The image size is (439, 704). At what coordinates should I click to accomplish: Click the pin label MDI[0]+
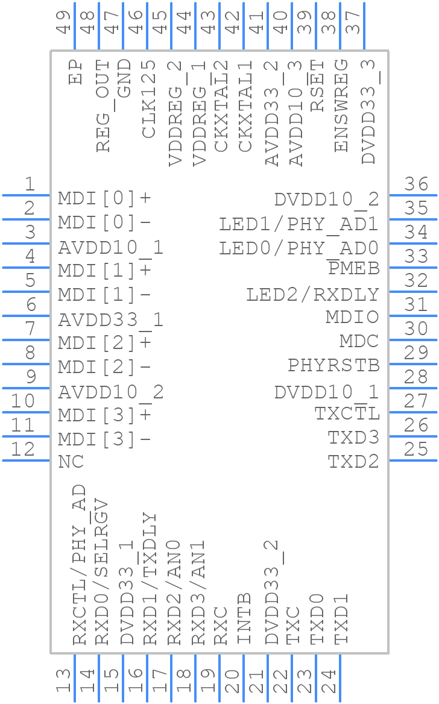click(x=104, y=198)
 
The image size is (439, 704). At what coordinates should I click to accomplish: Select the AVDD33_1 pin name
click(x=110, y=319)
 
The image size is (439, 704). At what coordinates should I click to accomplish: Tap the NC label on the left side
click(x=71, y=462)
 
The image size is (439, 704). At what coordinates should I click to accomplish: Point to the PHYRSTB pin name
click(x=333, y=365)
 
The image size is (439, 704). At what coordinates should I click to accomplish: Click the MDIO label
click(x=352, y=317)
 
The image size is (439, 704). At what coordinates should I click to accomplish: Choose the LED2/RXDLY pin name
click(x=312, y=295)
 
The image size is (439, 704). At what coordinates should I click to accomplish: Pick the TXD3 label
click(x=353, y=438)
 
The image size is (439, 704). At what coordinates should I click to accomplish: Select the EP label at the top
click(x=76, y=71)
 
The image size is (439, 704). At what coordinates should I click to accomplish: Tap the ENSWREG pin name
click(x=341, y=106)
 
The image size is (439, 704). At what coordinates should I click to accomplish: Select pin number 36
click(x=416, y=184)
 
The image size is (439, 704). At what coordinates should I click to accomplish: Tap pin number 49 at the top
click(x=64, y=21)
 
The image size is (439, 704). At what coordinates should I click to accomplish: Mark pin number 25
click(x=416, y=449)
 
